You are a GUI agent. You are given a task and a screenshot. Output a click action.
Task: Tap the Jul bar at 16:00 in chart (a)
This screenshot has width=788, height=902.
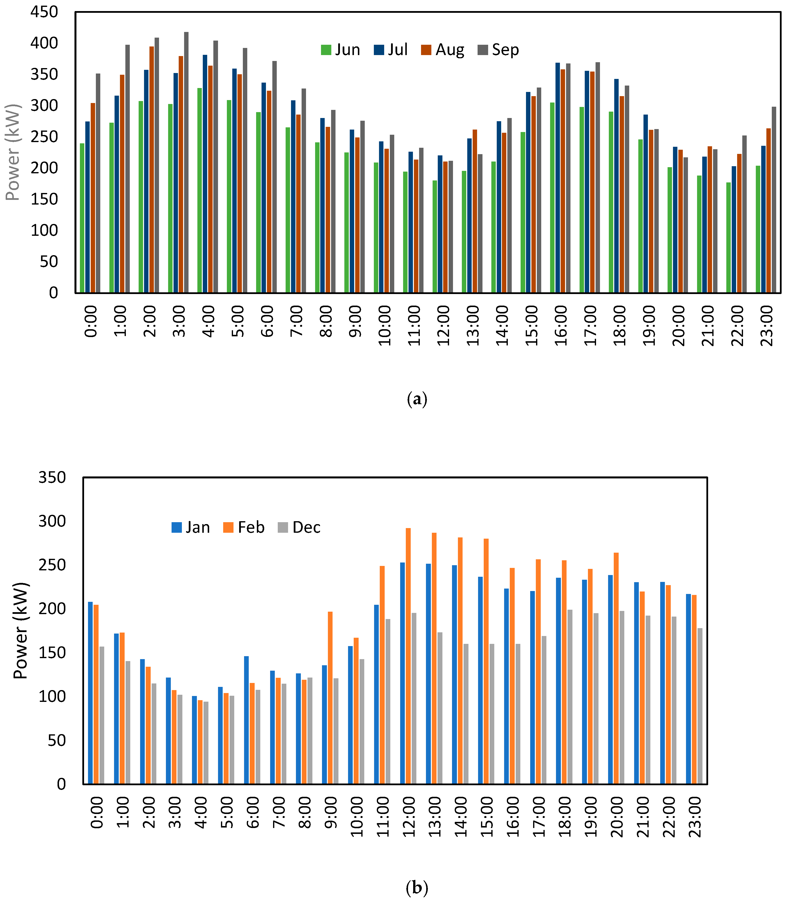point(558,178)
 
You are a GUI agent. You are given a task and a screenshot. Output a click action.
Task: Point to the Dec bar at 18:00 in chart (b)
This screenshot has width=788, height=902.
point(570,697)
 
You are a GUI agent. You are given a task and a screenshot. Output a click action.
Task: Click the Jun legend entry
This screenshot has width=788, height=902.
point(341,50)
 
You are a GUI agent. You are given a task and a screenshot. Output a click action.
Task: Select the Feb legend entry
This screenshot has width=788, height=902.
point(244,527)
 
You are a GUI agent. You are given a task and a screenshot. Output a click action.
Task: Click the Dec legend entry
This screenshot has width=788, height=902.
point(299,527)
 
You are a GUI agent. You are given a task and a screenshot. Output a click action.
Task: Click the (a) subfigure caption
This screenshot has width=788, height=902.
point(417,399)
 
